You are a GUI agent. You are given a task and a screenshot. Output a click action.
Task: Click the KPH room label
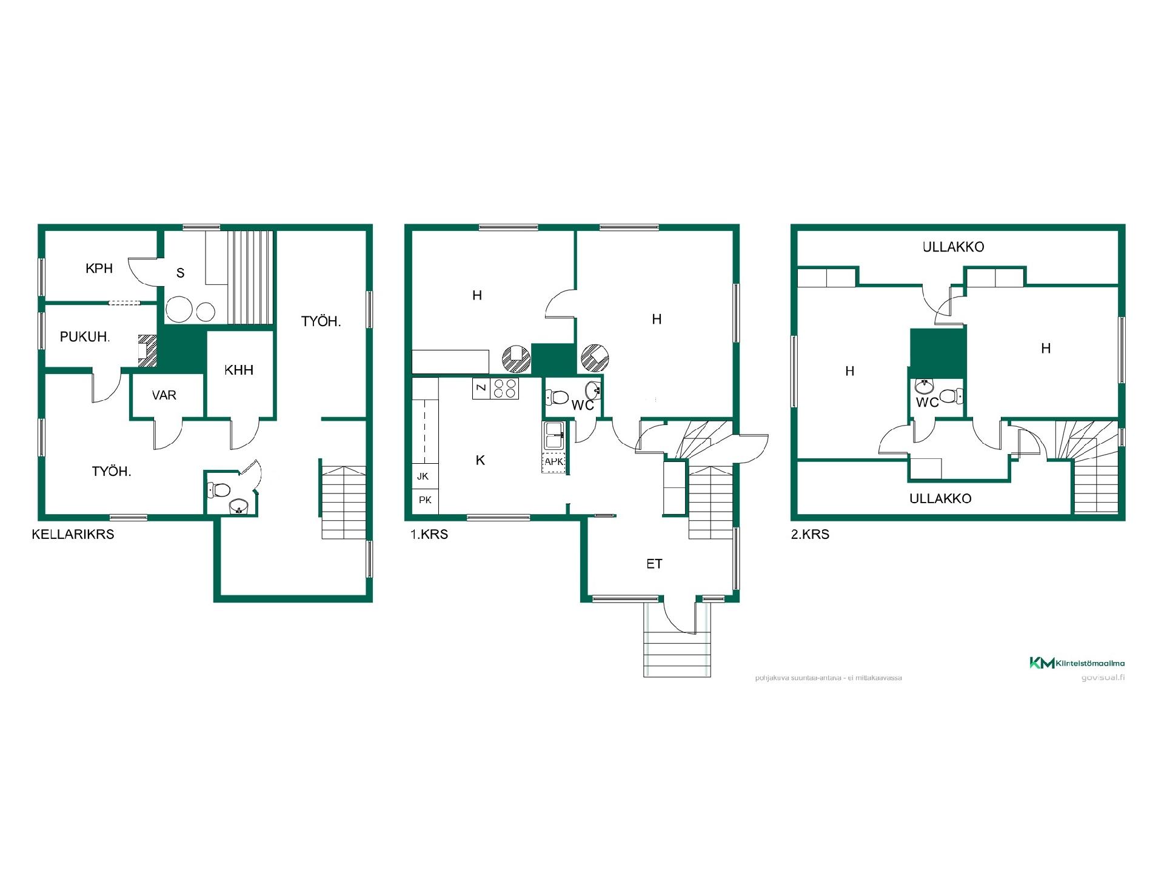(x=99, y=268)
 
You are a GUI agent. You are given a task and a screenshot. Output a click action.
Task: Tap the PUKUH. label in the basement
(x=85, y=336)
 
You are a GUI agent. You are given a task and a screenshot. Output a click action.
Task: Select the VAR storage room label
(x=164, y=395)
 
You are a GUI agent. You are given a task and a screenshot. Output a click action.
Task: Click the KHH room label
(x=239, y=370)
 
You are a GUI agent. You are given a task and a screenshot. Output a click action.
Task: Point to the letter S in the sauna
(x=180, y=273)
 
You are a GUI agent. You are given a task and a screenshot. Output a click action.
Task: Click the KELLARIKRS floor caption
(x=73, y=534)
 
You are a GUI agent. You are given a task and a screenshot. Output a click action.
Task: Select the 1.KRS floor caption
(x=429, y=534)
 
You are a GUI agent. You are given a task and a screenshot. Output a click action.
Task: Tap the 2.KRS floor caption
(x=810, y=534)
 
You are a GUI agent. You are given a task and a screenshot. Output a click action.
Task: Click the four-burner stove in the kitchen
(x=504, y=388)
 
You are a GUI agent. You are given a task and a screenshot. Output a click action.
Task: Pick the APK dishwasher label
(x=554, y=462)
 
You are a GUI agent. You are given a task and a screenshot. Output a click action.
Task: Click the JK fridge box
(x=425, y=476)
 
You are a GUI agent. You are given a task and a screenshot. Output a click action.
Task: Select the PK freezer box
(x=425, y=500)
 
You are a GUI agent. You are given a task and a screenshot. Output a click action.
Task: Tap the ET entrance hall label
(x=654, y=564)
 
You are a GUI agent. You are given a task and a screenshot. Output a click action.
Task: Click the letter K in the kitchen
(x=480, y=460)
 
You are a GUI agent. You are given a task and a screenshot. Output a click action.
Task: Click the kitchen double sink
(x=554, y=436)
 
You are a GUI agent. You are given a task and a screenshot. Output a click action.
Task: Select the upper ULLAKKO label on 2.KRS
(x=953, y=247)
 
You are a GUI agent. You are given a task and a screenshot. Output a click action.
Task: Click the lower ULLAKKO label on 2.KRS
(x=940, y=498)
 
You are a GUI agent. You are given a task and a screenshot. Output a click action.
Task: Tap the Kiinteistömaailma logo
(x=1077, y=663)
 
